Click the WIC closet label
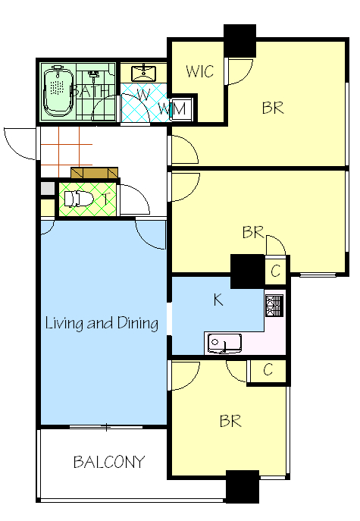[199, 71]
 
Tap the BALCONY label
[109, 462]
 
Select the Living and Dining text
[102, 323]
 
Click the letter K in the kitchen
[218, 300]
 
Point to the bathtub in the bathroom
[58, 91]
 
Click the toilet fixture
[78, 199]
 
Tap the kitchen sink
[224, 344]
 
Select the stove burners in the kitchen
[274, 306]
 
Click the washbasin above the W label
[143, 74]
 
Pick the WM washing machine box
[181, 108]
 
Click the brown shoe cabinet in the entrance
[94, 173]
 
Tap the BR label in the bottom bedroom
[230, 421]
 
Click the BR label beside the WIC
[273, 108]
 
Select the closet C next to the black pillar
[275, 271]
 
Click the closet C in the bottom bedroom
[268, 370]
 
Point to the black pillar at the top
[239, 40]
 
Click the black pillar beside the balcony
[243, 486]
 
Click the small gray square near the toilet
[47, 189]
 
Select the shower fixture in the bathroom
[94, 75]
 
